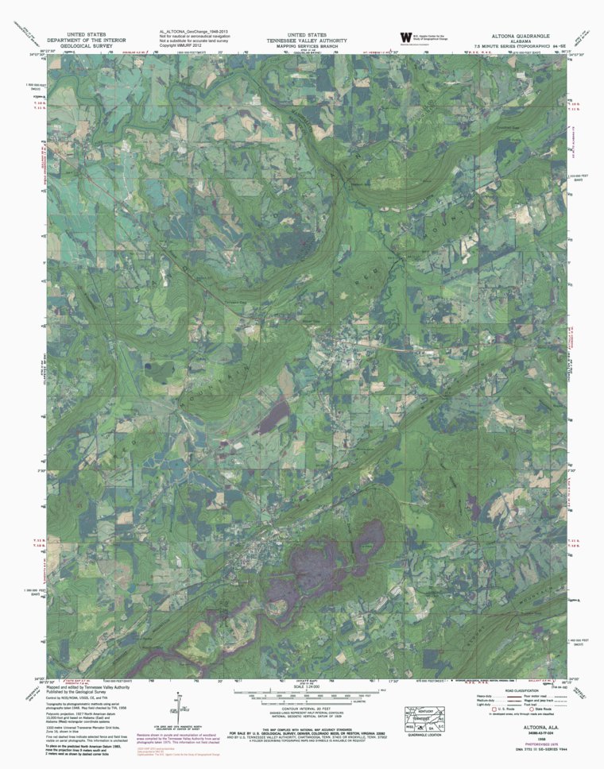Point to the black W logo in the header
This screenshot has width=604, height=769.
tap(407, 37)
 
